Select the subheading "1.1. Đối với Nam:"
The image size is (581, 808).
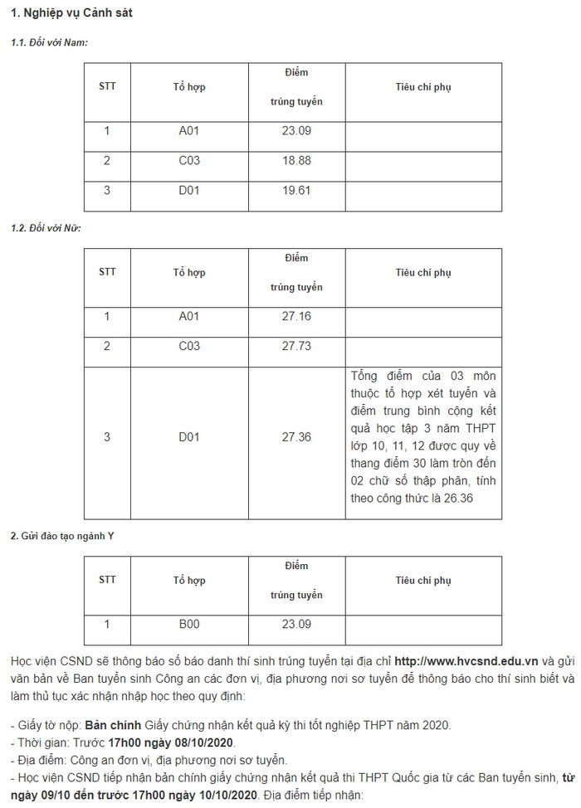(x=49, y=41)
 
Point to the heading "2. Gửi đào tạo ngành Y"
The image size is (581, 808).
(x=62, y=535)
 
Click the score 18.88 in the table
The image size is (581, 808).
(x=296, y=160)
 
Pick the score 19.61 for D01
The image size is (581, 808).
(x=296, y=190)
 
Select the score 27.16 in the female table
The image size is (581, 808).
(x=296, y=316)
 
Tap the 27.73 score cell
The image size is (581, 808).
(x=296, y=346)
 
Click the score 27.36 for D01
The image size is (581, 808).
(x=296, y=437)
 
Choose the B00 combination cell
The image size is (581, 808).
(x=189, y=624)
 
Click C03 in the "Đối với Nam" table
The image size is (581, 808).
(x=189, y=160)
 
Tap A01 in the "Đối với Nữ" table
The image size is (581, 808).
(x=189, y=316)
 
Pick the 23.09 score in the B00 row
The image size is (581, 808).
(x=296, y=624)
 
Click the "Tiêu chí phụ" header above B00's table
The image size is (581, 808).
(x=423, y=580)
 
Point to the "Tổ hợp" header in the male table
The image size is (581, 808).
(x=189, y=86)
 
